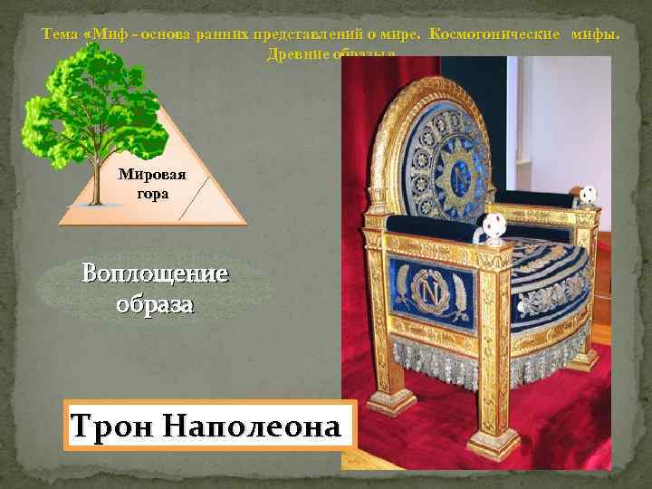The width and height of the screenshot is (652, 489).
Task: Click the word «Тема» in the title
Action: pyautogui.click(x=60, y=35)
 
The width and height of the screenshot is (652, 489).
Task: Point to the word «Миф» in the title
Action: pyautogui.click(x=106, y=35)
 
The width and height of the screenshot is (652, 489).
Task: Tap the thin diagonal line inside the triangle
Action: pyautogui.click(x=197, y=197)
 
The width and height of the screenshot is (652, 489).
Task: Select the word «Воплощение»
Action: pyautogui.click(x=155, y=273)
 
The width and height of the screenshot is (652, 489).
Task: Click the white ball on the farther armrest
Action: pyautogui.click(x=590, y=194)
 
